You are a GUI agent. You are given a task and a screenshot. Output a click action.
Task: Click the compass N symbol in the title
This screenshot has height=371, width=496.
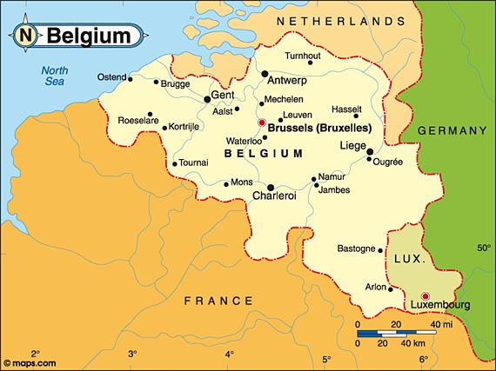pyautogui.click(x=26, y=36)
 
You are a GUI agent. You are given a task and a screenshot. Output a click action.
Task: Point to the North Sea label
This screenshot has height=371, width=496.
pyautogui.click(x=57, y=76)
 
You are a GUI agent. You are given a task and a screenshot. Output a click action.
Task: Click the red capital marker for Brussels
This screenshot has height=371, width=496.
pyautogui.click(x=262, y=123)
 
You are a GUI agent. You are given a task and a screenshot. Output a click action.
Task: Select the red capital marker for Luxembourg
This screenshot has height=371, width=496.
pyautogui.click(x=425, y=295)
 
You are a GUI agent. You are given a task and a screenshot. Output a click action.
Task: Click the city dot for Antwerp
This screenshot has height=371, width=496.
pyautogui.click(x=264, y=74)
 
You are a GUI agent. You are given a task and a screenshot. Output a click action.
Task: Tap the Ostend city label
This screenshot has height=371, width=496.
pyautogui.click(x=111, y=76)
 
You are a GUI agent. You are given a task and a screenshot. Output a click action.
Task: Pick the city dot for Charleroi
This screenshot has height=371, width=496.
pyautogui.click(x=271, y=187)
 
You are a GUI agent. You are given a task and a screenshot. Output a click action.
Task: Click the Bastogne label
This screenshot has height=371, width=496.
pyautogui.click(x=356, y=248)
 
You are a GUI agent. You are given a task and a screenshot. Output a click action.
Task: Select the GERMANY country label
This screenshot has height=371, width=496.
pyautogui.click(x=452, y=130)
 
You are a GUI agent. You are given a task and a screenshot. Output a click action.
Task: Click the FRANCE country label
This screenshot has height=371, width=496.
pyautogui.click(x=218, y=301)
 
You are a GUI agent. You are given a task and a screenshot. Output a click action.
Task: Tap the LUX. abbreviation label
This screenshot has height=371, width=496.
pyautogui.click(x=409, y=260)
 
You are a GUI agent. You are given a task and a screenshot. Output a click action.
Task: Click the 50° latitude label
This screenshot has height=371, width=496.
pyautogui.click(x=483, y=248)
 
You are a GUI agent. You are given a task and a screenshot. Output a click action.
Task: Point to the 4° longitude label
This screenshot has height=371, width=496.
pyautogui.click(x=229, y=354)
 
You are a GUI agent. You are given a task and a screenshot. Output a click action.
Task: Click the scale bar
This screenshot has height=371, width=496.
pyautogui.click(x=396, y=333)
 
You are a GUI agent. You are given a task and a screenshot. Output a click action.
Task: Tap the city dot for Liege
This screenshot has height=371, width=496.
pyautogui.click(x=370, y=152)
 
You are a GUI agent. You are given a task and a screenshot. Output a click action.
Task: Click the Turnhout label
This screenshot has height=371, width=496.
pyautogui.click(x=303, y=56)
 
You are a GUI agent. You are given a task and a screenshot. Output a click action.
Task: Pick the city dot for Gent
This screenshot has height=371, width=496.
pyautogui.click(x=206, y=98)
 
